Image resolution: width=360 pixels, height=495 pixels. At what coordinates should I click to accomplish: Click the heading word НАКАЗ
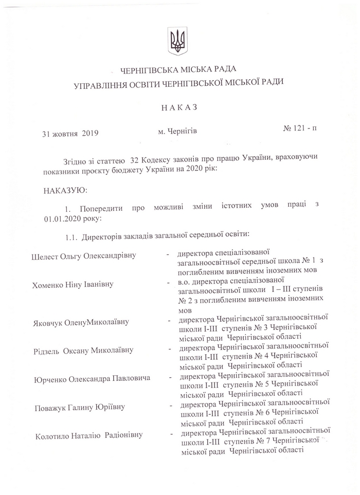click(179, 108)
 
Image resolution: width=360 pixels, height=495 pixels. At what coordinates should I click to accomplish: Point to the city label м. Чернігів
click(178, 132)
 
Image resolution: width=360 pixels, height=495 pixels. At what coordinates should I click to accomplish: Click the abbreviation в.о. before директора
click(185, 281)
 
